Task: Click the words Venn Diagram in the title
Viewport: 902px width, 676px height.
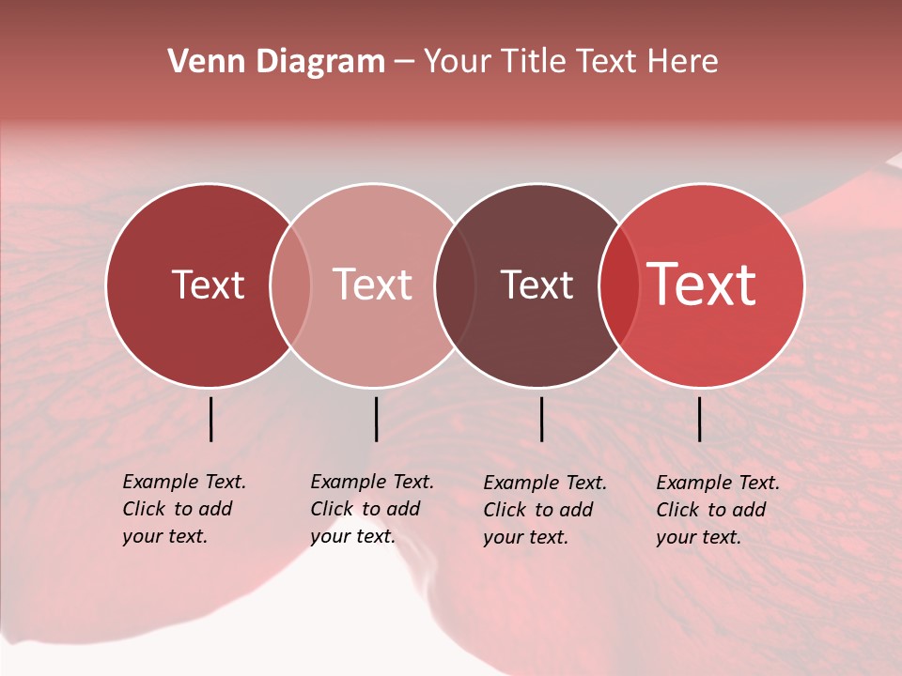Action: tap(276, 62)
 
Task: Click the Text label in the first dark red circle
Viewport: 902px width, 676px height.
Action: tap(208, 284)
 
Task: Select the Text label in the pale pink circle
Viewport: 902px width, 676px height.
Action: tap(373, 284)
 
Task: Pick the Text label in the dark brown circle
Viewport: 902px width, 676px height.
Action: tap(537, 284)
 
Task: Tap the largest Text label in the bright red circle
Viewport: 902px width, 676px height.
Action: tap(702, 284)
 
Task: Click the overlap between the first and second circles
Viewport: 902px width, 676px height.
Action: tap(290, 284)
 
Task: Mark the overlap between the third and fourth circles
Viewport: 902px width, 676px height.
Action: tap(619, 284)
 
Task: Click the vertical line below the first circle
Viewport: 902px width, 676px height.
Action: tap(210, 419)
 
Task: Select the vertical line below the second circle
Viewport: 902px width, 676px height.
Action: tap(376, 419)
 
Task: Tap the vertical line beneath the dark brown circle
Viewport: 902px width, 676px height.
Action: tap(541, 419)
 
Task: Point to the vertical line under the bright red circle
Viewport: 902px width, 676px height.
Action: tap(699, 419)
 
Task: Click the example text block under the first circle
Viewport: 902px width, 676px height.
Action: tap(184, 509)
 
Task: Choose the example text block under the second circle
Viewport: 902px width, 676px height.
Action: tap(372, 509)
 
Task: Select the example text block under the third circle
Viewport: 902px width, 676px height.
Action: tap(545, 510)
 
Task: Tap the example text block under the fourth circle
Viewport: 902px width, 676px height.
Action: tap(718, 510)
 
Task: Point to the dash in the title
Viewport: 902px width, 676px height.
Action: tap(404, 63)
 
